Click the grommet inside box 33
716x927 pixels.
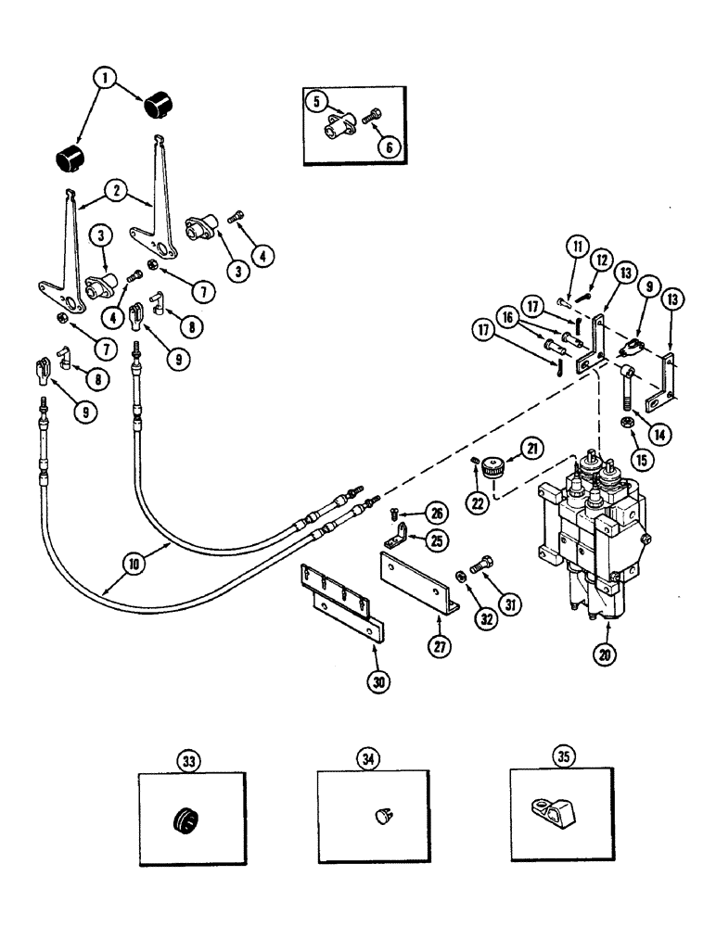tap(187, 820)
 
